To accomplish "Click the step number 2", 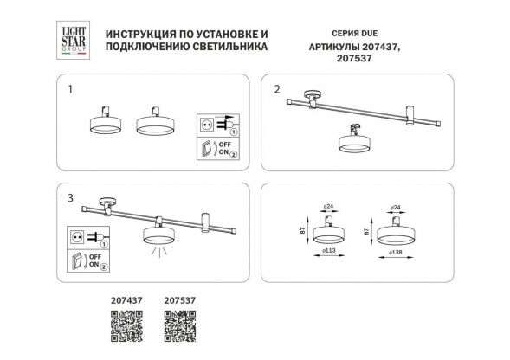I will [277, 89].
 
